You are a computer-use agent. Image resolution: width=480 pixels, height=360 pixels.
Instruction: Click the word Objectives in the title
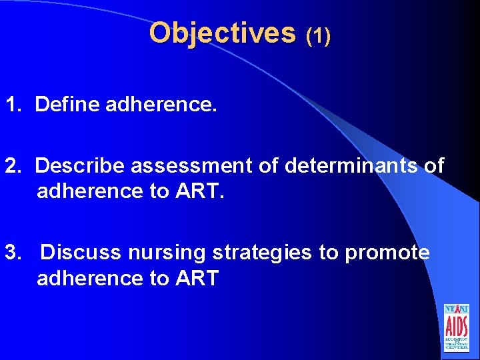[222, 33]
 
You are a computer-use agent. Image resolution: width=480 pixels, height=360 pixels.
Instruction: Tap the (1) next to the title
[318, 35]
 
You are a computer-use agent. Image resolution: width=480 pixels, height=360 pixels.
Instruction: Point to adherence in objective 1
[161, 105]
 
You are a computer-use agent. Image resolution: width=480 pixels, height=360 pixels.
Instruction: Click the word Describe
[81, 166]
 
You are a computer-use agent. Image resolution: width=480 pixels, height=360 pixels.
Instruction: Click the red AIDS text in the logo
[457, 326]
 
